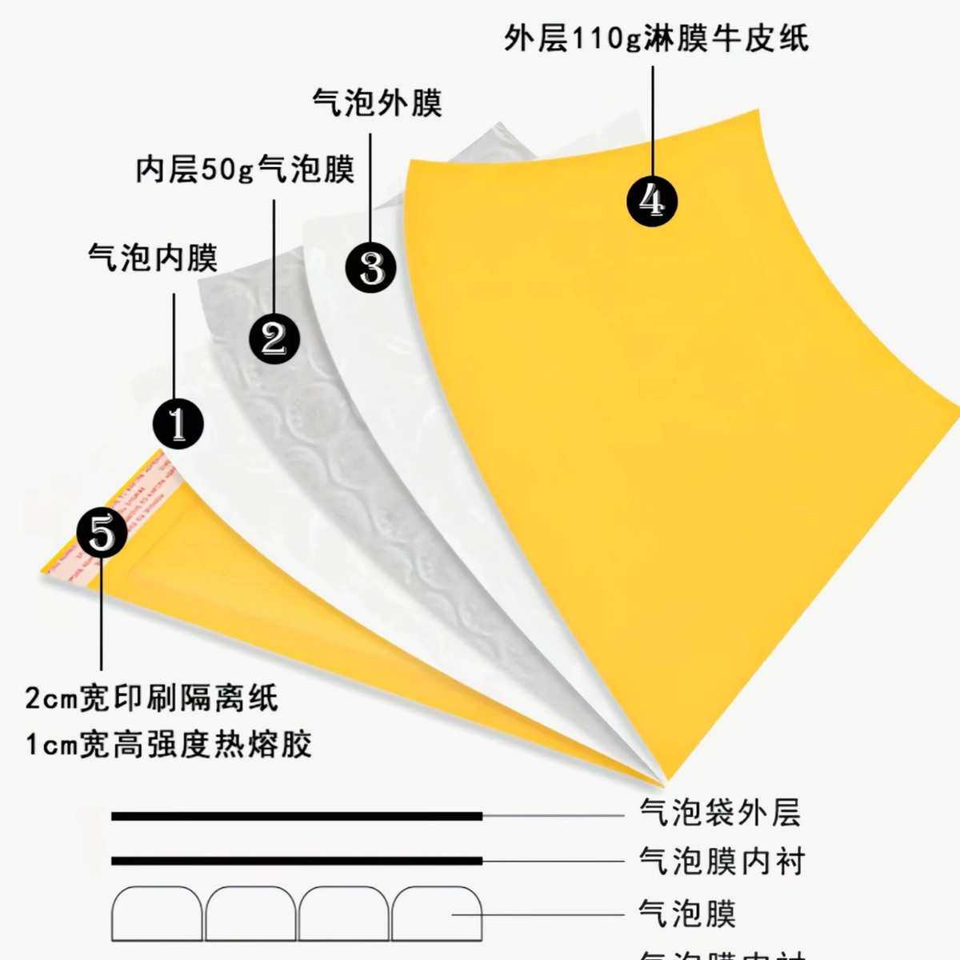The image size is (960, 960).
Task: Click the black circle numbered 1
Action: click(178, 423)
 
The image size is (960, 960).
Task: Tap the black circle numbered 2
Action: click(274, 338)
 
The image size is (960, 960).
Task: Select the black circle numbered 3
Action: click(371, 267)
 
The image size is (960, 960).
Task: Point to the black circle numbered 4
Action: click(651, 200)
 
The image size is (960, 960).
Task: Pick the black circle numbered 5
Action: click(102, 533)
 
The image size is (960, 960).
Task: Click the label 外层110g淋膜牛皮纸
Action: click(656, 38)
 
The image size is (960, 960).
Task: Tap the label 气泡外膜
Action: click(377, 103)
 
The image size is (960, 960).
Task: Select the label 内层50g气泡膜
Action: click(245, 170)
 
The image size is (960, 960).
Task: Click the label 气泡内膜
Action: click(152, 258)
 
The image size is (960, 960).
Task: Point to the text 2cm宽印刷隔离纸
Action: click(152, 698)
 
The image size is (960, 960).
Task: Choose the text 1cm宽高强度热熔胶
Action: click(168, 745)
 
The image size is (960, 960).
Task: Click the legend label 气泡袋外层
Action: click(719, 813)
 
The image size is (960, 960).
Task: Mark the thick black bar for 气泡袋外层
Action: click(296, 816)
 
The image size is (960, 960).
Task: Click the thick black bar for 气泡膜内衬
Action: click(296, 862)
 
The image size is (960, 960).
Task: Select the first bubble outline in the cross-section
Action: click(157, 914)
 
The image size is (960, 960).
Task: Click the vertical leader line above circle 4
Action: click(653, 120)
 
